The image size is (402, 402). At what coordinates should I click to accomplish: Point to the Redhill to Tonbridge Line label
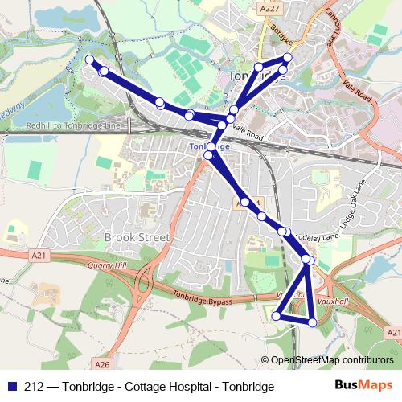tap(72, 126)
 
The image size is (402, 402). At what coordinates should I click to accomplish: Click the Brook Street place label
tap(137, 238)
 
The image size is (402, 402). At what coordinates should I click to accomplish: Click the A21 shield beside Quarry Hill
tap(38, 256)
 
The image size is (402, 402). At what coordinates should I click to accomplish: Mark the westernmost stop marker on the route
tap(89, 59)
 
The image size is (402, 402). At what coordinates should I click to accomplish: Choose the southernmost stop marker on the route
tap(313, 322)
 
